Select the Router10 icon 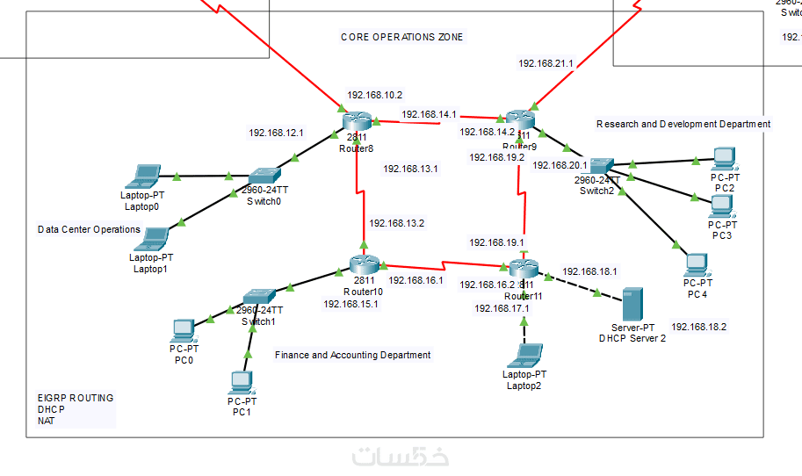click(363, 263)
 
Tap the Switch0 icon click(263, 177)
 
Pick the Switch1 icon click(260, 296)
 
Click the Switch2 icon click(601, 165)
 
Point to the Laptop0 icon click(142, 176)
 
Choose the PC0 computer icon click(184, 330)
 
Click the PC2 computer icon click(724, 158)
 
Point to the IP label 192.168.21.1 click(546, 63)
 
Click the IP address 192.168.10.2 click(374, 95)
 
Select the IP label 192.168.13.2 click(396, 223)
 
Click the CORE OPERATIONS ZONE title click(401, 37)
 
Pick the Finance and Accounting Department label click(352, 355)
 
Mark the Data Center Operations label click(89, 229)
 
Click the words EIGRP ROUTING click(76, 398)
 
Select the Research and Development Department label click(683, 124)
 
